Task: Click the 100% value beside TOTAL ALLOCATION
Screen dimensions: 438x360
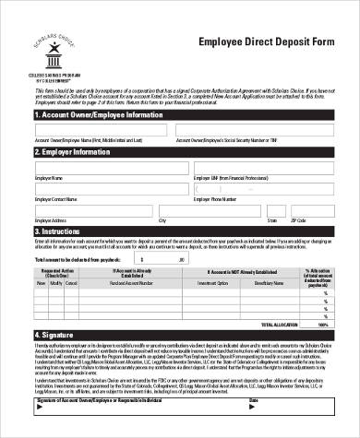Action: pos(322,325)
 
